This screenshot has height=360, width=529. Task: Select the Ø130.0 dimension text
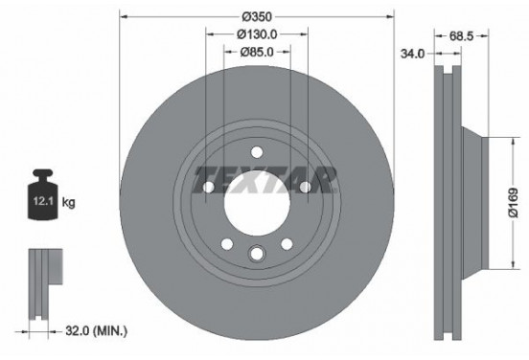[x=257, y=35]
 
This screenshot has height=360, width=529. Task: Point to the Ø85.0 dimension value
[x=257, y=53]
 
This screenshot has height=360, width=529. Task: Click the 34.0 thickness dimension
[x=412, y=55]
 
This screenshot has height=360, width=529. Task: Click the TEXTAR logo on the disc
[x=265, y=179]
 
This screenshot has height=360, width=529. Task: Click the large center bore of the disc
[x=257, y=203]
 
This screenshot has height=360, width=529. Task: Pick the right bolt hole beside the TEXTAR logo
[x=305, y=188]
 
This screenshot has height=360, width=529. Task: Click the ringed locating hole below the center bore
[x=257, y=253]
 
